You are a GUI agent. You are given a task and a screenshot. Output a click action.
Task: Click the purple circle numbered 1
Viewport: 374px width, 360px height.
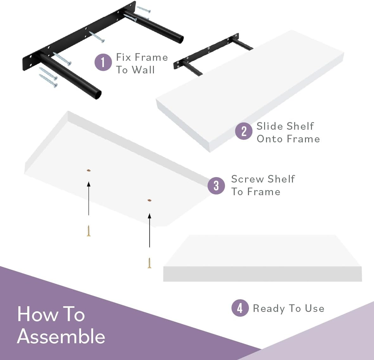pos(103,62)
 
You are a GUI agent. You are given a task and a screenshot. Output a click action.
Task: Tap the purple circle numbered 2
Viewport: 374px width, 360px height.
pos(244,131)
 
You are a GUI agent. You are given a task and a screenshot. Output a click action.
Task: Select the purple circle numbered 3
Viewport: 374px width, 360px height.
pos(216,186)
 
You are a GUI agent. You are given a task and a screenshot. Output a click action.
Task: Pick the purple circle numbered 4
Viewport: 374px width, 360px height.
pos(240,308)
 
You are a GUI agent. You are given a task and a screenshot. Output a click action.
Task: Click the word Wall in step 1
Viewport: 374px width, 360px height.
pos(143,70)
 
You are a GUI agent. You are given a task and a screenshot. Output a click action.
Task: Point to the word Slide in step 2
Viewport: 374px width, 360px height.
pos(269,126)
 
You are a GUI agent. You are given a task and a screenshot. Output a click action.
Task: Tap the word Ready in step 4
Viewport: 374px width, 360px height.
pos(269,308)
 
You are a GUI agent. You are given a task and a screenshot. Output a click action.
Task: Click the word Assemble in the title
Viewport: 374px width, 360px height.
pos(61,336)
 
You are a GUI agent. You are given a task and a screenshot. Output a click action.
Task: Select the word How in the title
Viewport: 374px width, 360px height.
pos(37,314)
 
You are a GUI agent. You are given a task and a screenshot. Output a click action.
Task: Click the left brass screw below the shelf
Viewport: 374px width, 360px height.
pos(88,231)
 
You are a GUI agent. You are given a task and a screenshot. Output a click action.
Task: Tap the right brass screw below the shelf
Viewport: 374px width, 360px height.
pos(149,263)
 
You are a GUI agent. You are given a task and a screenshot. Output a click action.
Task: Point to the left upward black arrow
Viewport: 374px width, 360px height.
pos(89,198)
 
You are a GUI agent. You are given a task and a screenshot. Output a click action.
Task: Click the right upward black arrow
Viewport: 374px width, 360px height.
pos(149,230)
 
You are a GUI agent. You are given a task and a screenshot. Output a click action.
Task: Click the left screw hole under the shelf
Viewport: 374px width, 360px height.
pos(88,170)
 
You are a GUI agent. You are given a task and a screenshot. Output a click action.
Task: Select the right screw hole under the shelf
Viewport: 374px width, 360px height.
pos(149,200)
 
